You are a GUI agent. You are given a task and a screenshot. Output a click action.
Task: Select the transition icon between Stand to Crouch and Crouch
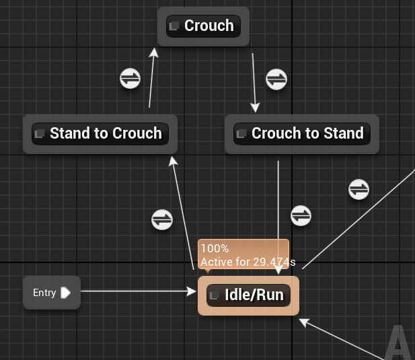click(130, 78)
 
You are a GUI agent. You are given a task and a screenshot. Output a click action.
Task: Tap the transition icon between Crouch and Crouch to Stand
click(276, 79)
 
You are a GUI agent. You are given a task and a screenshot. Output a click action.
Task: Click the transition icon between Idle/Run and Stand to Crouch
click(162, 219)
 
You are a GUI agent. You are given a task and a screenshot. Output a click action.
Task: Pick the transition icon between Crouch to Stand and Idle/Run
click(301, 215)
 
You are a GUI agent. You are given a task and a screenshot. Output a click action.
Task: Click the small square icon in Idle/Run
click(215, 295)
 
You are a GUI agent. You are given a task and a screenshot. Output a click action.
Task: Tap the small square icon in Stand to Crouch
click(40, 133)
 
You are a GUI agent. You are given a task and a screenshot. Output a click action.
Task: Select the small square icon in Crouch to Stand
click(242, 133)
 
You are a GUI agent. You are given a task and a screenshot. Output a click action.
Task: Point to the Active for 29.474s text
click(248, 261)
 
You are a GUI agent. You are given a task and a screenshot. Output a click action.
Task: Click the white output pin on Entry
click(65, 293)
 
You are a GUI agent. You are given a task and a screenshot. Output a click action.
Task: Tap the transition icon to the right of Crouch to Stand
click(359, 190)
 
